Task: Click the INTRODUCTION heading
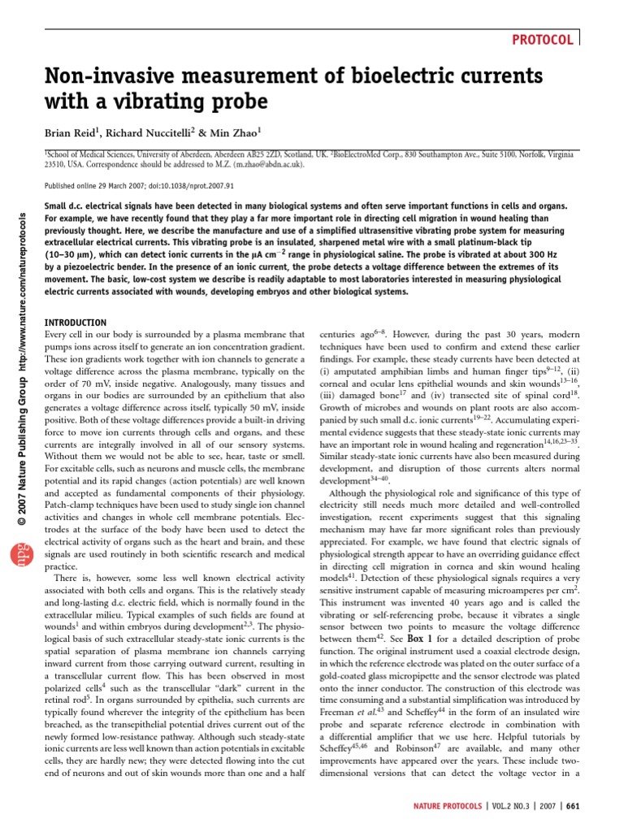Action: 76,323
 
